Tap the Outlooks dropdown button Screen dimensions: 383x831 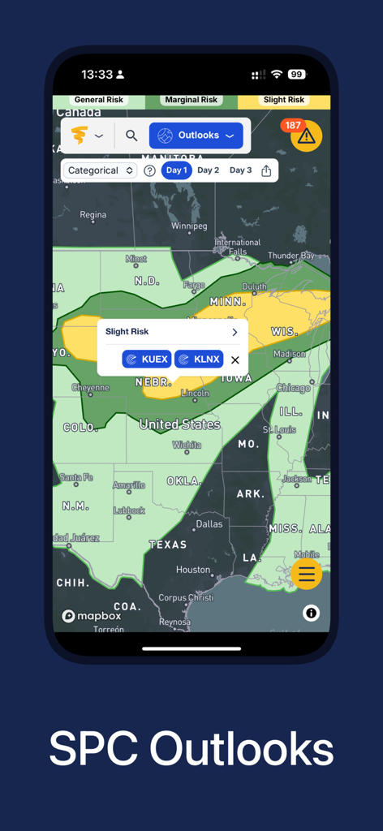click(196, 136)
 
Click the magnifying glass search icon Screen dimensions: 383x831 click(131, 136)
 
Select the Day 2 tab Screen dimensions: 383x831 click(209, 170)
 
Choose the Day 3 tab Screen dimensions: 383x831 click(240, 170)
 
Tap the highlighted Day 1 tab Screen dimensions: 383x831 click(176, 170)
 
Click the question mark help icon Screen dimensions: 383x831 click(149, 170)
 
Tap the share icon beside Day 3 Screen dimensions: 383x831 click(266, 170)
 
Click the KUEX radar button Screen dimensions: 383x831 click(147, 359)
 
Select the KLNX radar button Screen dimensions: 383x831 click(199, 359)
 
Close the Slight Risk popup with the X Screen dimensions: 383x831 click(235, 360)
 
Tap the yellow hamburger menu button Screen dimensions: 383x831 click(306, 574)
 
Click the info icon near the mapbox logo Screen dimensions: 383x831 click(311, 613)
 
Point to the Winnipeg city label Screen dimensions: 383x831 click(189, 226)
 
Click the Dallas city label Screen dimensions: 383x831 click(209, 523)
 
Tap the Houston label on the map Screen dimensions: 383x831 click(193, 570)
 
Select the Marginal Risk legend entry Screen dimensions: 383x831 click(191, 100)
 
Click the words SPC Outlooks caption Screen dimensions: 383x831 click(191, 747)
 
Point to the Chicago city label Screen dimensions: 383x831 click(293, 388)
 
